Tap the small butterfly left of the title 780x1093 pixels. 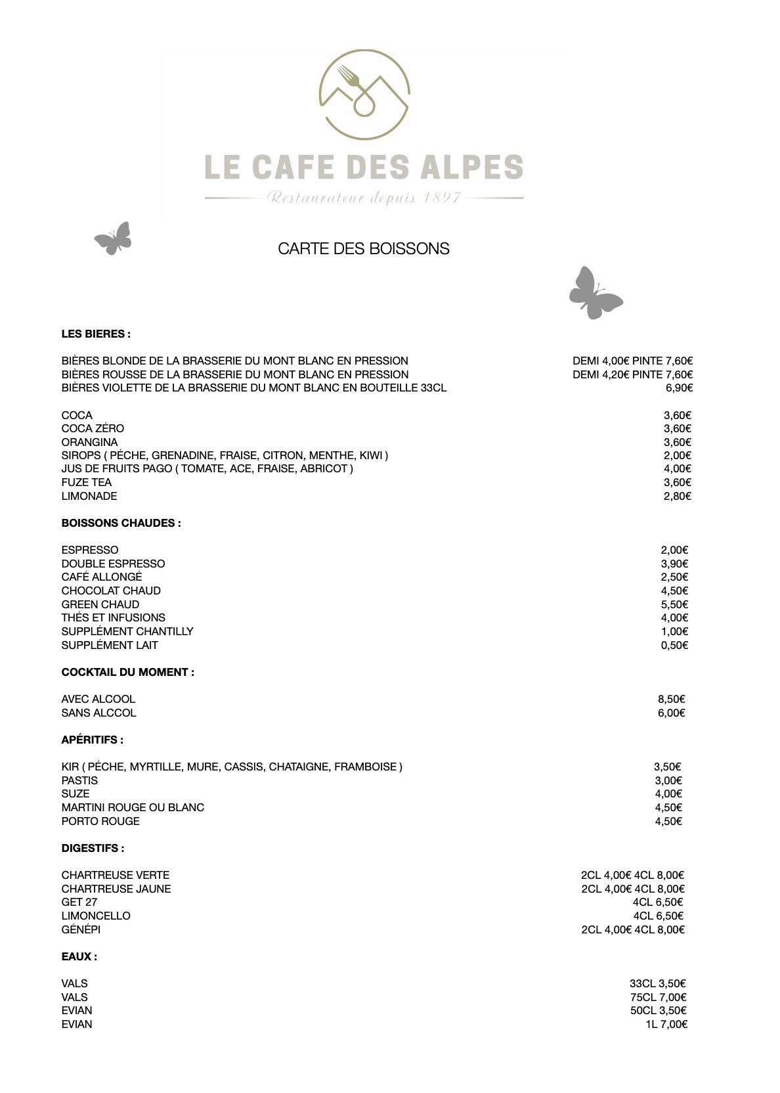[x=114, y=238]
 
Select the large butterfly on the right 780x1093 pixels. [x=594, y=293]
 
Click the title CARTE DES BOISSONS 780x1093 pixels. [x=364, y=249]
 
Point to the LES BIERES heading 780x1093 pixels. [x=96, y=334]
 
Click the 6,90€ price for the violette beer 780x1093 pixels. [x=680, y=388]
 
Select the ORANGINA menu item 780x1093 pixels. [x=90, y=442]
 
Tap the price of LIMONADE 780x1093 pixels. [x=678, y=496]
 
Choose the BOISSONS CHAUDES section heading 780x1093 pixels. [x=121, y=523]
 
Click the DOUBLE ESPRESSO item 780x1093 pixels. [x=113, y=564]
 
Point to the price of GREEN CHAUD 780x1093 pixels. [x=674, y=604]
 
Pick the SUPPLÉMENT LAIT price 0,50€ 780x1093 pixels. [x=674, y=645]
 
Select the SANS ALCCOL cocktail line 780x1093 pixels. [x=98, y=713]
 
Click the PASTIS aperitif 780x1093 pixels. [x=79, y=780]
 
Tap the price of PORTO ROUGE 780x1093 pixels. [x=668, y=821]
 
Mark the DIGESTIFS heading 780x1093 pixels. [x=93, y=848]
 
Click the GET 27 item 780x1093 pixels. [x=79, y=902]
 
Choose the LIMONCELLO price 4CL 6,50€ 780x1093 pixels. [x=658, y=916]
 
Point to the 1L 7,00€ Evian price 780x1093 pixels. [x=666, y=1024]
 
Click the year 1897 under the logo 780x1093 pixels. [x=443, y=198]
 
